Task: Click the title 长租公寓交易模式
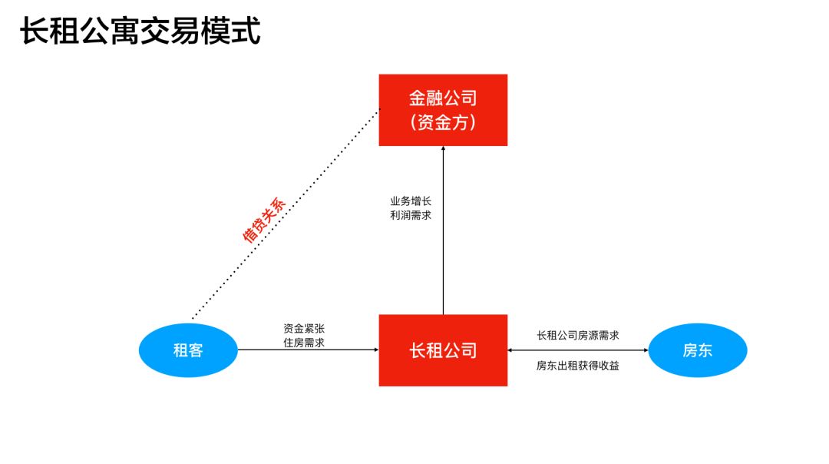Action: tap(140, 32)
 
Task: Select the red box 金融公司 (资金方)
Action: tap(443, 110)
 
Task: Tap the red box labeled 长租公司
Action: tap(443, 350)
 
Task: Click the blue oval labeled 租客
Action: tap(188, 350)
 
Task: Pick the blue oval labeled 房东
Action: tap(698, 350)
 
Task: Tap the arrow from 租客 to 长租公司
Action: tap(307, 350)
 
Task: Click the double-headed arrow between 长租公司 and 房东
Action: tap(578, 350)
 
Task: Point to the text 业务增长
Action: tap(411, 201)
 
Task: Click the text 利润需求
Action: tap(411, 216)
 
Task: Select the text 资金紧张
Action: tap(303, 328)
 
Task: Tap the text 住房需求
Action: tap(303, 343)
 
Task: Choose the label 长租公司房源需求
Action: tap(578, 335)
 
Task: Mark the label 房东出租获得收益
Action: tap(578, 366)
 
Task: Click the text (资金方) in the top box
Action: tap(443, 122)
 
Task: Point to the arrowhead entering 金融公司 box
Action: tap(443, 149)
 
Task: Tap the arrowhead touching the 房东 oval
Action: tap(645, 350)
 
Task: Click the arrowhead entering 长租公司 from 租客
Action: tap(375, 350)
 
